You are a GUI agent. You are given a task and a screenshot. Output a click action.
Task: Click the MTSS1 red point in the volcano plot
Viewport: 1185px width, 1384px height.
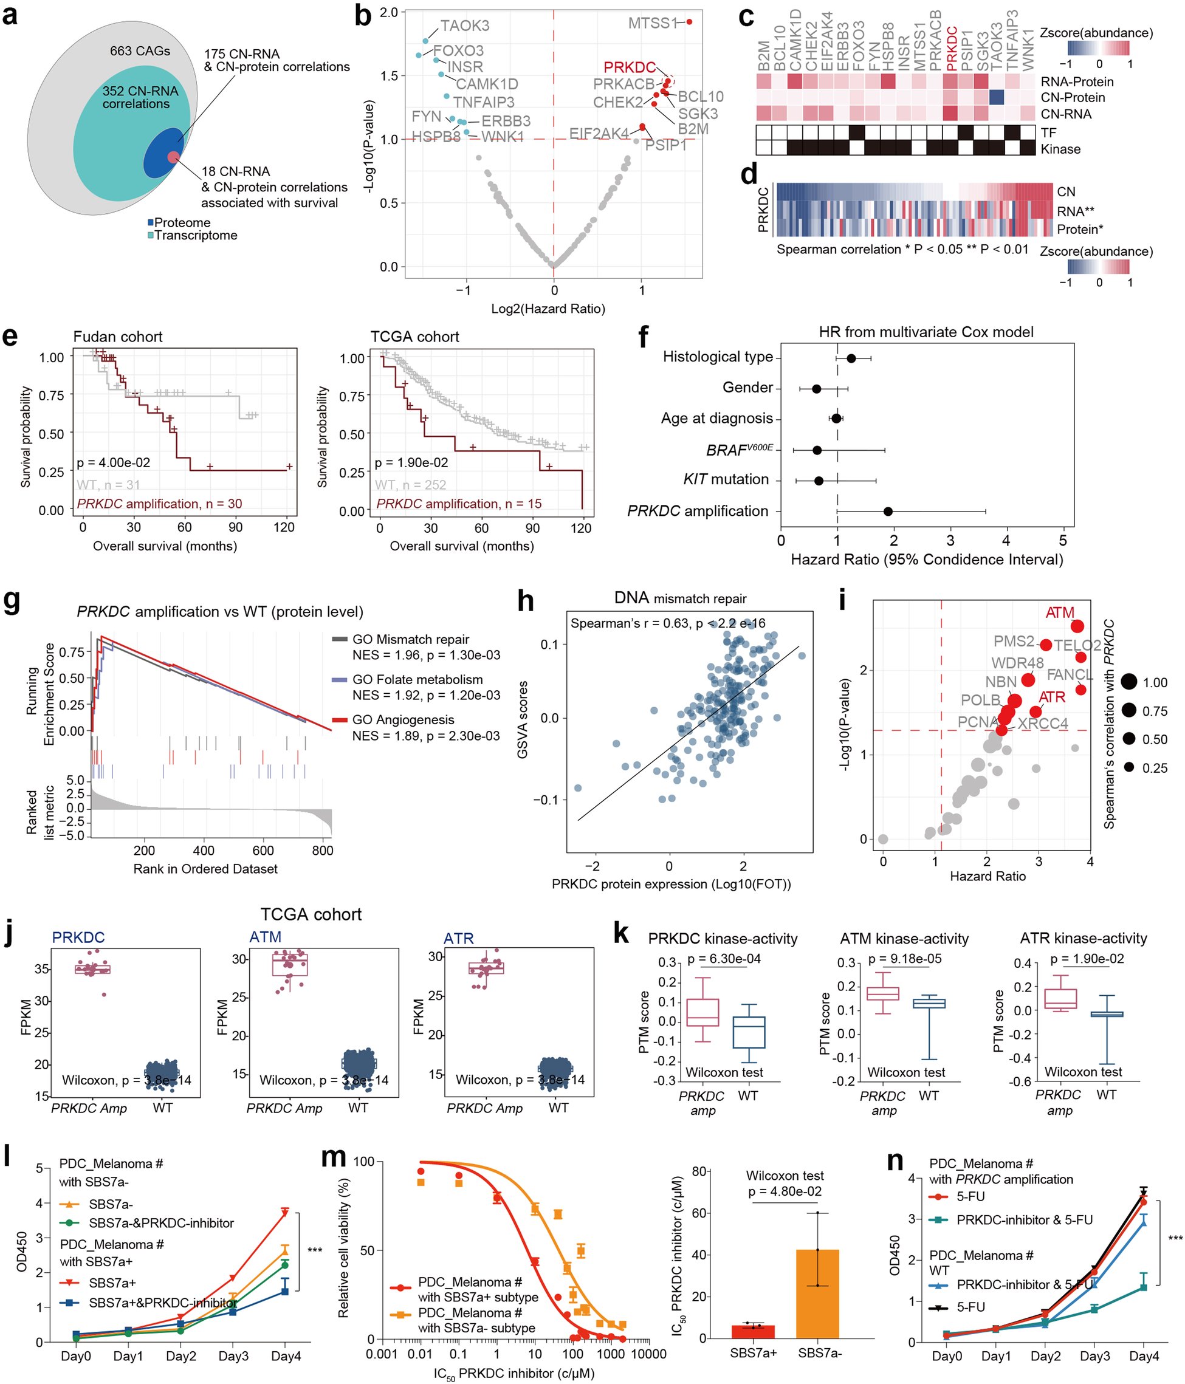click(x=689, y=22)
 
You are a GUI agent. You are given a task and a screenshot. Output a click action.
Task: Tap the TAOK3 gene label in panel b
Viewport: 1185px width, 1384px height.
click(x=465, y=26)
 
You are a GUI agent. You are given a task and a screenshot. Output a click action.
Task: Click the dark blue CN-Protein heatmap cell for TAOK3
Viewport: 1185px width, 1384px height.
click(x=996, y=98)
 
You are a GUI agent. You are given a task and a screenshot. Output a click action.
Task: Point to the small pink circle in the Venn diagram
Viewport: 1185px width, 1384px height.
click(x=173, y=157)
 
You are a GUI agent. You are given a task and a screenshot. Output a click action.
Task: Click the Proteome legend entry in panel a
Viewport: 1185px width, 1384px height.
click(x=179, y=222)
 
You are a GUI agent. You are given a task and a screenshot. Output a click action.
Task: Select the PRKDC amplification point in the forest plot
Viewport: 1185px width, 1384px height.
click(x=888, y=512)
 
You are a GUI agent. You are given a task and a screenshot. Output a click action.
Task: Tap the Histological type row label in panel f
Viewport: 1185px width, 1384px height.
click(x=718, y=357)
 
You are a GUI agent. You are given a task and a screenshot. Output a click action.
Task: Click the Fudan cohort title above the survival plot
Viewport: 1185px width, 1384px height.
click(x=117, y=337)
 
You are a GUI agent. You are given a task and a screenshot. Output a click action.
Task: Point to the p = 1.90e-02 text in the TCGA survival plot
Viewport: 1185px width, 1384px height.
click(x=411, y=463)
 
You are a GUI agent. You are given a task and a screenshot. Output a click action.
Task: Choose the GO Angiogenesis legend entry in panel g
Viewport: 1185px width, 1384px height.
click(x=403, y=720)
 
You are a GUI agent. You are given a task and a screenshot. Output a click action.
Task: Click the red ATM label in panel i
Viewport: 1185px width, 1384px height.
click(x=1059, y=612)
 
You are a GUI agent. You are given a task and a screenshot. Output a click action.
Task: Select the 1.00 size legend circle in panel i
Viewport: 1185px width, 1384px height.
click(x=1129, y=682)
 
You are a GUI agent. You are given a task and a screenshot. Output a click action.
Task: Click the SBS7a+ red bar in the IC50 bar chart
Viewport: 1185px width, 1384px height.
click(x=753, y=1332)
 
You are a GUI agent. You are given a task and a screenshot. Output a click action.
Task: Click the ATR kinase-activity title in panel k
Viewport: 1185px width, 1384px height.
click(x=1083, y=939)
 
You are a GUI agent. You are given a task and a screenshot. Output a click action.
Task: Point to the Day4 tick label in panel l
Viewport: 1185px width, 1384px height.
click(x=286, y=1357)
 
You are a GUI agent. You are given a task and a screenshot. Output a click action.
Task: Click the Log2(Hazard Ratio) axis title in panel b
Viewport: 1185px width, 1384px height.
click(x=548, y=309)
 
